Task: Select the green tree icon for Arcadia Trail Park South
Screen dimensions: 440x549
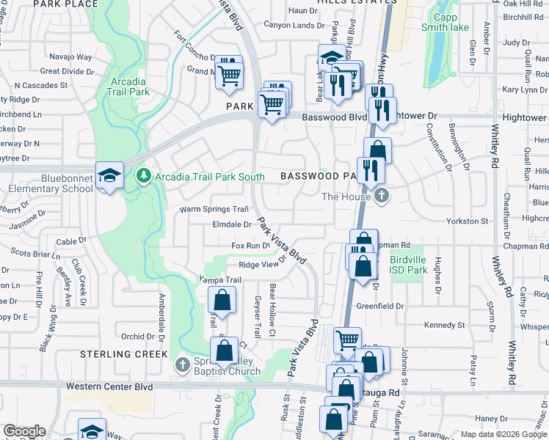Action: pyautogui.click(x=143, y=176)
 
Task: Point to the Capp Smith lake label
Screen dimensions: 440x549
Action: pyautogui.click(x=445, y=22)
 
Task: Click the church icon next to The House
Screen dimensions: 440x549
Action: pyautogui.click(x=381, y=196)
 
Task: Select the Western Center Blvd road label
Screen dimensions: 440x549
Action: pyautogui.click(x=109, y=386)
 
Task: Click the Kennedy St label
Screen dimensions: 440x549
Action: pyautogui.click(x=445, y=325)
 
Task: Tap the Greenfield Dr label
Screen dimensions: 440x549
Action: pyautogui.click(x=380, y=306)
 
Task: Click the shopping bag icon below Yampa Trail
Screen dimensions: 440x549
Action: pyautogui.click(x=222, y=301)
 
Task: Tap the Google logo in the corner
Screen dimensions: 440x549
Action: pyautogui.click(x=25, y=431)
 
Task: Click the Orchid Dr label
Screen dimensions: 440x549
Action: pyautogui.click(x=138, y=337)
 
